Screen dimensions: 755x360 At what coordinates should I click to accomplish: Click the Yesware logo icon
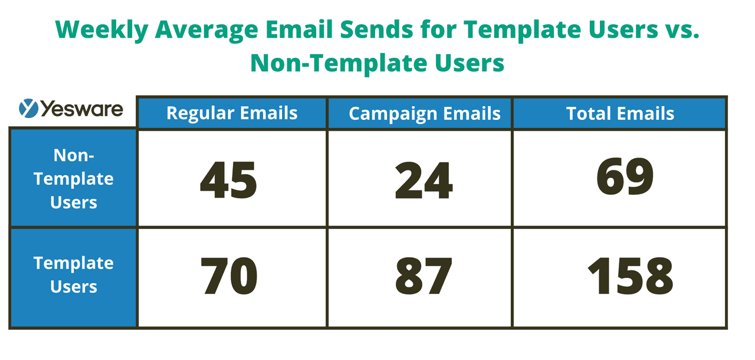(x=28, y=108)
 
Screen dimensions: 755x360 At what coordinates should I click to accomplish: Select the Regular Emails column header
(x=232, y=113)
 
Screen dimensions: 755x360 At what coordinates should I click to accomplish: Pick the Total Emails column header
(x=619, y=113)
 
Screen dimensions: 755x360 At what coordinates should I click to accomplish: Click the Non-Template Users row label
(x=74, y=179)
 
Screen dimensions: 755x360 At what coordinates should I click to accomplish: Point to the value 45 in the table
(x=228, y=180)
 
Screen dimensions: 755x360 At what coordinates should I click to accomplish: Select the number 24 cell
(x=424, y=180)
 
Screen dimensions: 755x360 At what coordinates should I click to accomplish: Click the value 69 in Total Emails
(x=625, y=176)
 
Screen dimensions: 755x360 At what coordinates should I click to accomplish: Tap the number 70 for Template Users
(x=229, y=276)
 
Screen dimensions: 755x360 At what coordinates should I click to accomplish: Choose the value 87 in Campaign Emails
(x=424, y=276)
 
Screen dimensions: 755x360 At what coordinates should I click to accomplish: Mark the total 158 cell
(x=631, y=276)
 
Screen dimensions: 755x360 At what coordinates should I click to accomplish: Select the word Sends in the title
(x=376, y=29)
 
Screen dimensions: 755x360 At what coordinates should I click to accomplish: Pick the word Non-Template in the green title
(x=339, y=63)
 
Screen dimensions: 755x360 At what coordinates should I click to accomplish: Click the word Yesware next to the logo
(x=82, y=109)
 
